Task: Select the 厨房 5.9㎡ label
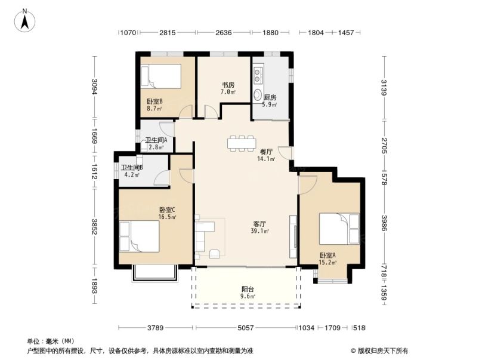pos(270,100)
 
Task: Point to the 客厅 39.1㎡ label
pos(260,228)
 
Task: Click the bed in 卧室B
pos(160,76)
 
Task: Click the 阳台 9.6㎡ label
pos(247,292)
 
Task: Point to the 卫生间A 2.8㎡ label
pos(156,143)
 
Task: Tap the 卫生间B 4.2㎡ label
pos(131,171)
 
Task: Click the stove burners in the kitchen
pos(258,75)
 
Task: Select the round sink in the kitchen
pos(258,96)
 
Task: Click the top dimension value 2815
pos(167,33)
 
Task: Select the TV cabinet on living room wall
pos(292,236)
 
